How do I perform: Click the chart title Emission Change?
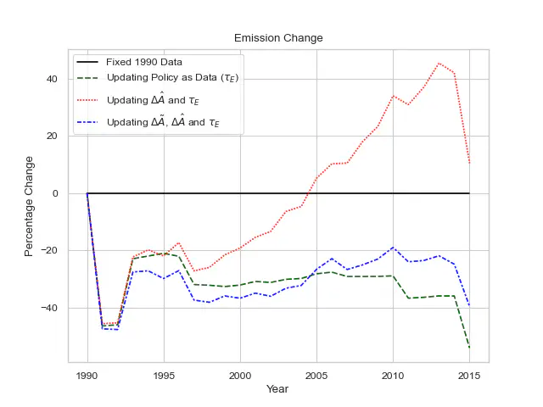pyautogui.click(x=278, y=38)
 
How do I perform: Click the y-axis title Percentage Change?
pyautogui.click(x=30, y=206)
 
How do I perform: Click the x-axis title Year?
pyautogui.click(x=278, y=389)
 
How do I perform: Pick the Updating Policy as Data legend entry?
pyautogui.click(x=170, y=82)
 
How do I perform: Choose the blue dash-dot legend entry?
pyautogui.click(x=162, y=121)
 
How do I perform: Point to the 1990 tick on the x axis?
pyautogui.click(x=87, y=373)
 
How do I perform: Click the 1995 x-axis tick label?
pyautogui.click(x=164, y=373)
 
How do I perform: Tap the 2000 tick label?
pyautogui.click(x=240, y=373)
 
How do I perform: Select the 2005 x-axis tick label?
pyautogui.click(x=316, y=373)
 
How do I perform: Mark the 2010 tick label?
pyautogui.click(x=393, y=373)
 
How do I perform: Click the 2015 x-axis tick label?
pyautogui.click(x=469, y=373)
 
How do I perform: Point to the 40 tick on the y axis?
pyautogui.click(x=52, y=79)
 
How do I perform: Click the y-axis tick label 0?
pyautogui.click(x=55, y=193)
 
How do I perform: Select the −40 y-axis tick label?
pyautogui.click(x=48, y=308)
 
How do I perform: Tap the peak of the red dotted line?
pyautogui.click(x=439, y=63)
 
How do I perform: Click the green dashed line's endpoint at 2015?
pyautogui.click(x=469, y=348)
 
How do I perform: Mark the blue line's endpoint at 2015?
pyautogui.click(x=469, y=306)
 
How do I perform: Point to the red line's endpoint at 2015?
pyautogui.click(x=469, y=163)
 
